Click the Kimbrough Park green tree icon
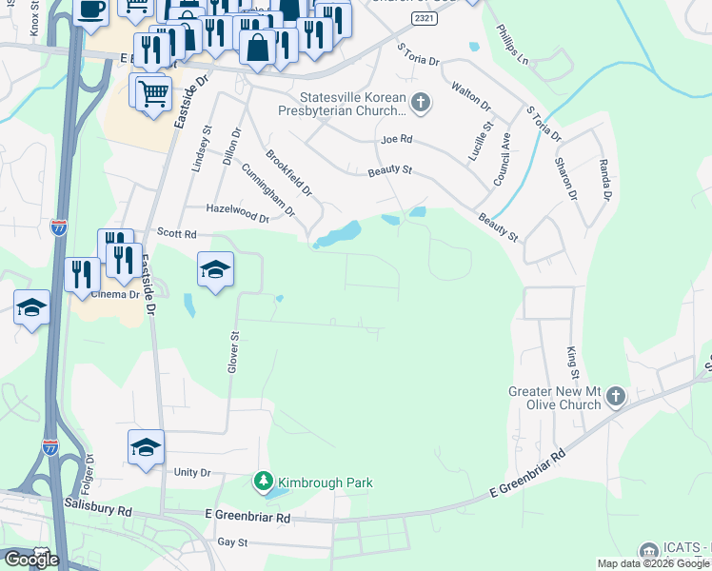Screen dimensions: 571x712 point(264,482)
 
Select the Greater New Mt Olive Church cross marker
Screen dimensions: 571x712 point(616,396)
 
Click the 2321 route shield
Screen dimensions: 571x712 point(426,19)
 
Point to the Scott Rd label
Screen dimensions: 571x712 point(176,233)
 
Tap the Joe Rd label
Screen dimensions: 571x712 point(396,139)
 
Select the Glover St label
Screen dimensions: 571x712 point(231,352)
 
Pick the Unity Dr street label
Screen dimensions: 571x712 point(191,473)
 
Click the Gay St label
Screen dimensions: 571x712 point(232,542)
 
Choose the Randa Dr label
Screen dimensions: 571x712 point(603,180)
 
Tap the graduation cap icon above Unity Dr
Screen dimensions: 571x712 point(146,446)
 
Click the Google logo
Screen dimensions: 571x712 point(31,559)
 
